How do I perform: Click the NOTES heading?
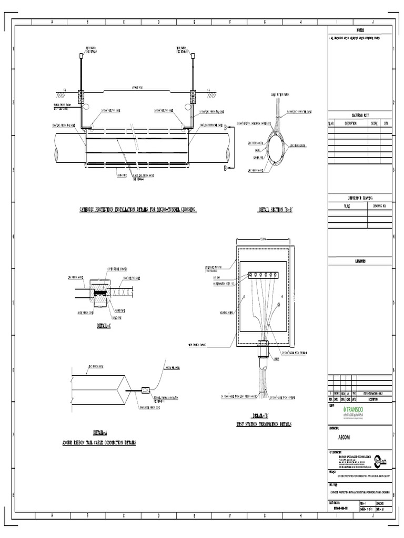[360, 31]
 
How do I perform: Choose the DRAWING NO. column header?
[380, 206]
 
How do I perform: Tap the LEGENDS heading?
[360, 261]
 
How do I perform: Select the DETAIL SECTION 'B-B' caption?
[275, 210]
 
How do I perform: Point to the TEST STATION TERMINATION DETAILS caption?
[264, 424]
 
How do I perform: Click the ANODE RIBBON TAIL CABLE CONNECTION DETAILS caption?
[100, 443]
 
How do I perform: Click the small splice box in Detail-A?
[146, 390]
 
